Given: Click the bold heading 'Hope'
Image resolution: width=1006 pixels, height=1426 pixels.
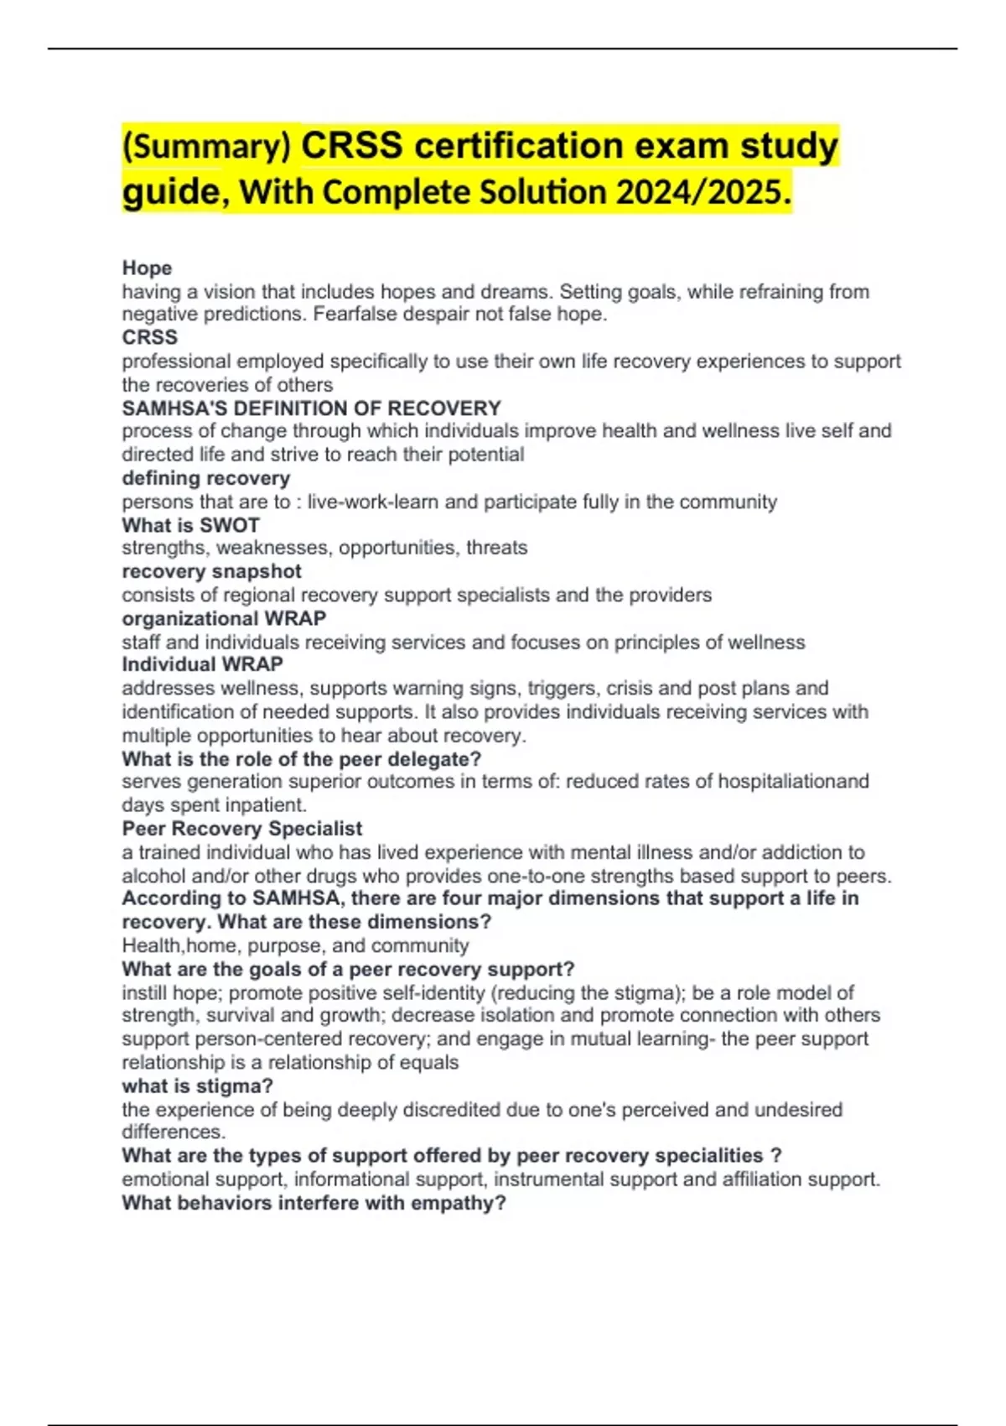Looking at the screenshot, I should point(147,268).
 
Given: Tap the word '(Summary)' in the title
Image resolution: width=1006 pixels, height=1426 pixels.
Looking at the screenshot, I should point(206,147).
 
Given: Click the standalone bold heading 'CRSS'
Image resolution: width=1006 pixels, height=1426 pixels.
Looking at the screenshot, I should point(149,337).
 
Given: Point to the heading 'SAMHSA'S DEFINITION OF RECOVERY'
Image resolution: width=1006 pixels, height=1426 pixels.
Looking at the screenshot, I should point(311,408).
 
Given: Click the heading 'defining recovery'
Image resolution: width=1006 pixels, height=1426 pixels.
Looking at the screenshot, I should point(205,478).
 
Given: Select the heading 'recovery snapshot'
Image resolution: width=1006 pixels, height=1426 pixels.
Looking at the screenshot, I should point(211,571).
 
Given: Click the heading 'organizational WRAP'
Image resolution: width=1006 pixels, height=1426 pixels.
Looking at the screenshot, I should point(224,618).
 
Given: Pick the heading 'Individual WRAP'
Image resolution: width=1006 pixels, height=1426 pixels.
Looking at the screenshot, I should point(202,664).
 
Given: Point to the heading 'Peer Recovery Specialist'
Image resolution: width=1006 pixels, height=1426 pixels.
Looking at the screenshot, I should point(241,829).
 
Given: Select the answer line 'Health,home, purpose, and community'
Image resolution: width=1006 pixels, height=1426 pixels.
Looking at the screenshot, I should point(295,945).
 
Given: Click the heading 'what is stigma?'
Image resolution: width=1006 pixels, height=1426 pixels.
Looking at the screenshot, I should point(197,1085).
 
